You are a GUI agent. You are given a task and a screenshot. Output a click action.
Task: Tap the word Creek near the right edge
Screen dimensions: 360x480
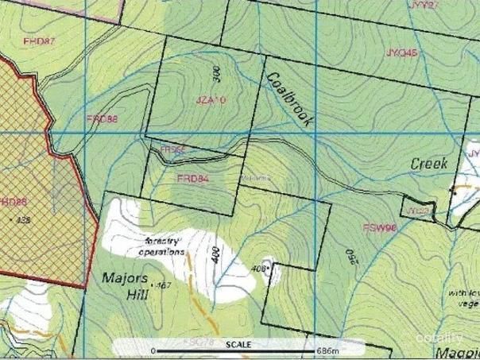[429, 163]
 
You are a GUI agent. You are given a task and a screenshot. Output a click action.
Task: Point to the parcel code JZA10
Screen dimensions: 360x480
[211, 100]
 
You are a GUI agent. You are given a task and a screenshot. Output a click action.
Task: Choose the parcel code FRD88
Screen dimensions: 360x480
[102, 118]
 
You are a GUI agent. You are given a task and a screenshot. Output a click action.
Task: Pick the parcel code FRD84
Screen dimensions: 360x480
[192, 179]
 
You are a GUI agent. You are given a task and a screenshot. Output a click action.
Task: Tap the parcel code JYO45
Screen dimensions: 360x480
[401, 53]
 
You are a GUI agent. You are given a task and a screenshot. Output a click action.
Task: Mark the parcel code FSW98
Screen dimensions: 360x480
[379, 227]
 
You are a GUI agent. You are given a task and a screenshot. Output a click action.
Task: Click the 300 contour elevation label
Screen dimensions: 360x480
[217, 75]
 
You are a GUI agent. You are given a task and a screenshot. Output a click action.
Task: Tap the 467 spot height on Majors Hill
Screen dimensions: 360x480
[164, 285]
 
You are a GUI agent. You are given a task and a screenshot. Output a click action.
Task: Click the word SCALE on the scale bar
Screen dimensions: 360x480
[238, 344]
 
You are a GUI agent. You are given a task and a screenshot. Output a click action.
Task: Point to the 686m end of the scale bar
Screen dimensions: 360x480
[328, 350]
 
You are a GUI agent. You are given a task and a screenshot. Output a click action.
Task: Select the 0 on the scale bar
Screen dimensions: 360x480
[153, 350]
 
